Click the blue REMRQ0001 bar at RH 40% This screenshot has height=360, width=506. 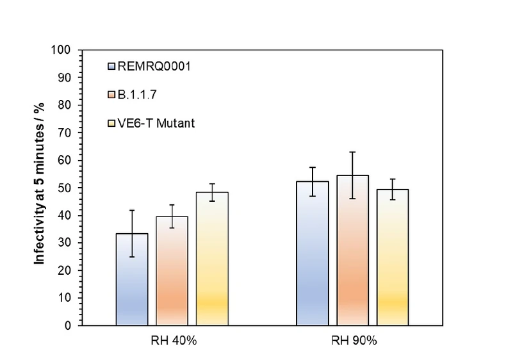[x=132, y=282]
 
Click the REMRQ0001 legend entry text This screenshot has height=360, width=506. [x=146, y=65]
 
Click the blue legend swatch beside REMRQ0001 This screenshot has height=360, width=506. [x=111, y=65]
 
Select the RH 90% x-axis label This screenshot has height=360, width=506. [x=352, y=340]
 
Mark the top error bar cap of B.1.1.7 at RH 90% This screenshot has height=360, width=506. [x=352, y=152]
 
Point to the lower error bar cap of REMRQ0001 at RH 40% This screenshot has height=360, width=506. [x=132, y=257]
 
